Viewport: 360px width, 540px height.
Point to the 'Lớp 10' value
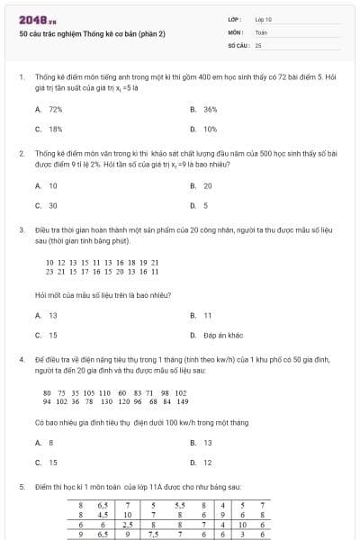coord(263,19)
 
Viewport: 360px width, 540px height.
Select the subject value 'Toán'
coord(261,31)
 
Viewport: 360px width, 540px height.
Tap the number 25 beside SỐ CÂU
coord(258,44)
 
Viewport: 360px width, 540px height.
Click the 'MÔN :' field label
coord(236,31)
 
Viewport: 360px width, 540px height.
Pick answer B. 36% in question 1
coord(204,109)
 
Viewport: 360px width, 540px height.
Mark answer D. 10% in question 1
coord(204,129)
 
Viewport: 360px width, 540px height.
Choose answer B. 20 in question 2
coord(202,185)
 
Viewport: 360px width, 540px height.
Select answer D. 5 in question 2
coord(200,205)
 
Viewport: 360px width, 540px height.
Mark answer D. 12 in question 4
coord(202,463)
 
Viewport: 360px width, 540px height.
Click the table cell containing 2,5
coord(129,524)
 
